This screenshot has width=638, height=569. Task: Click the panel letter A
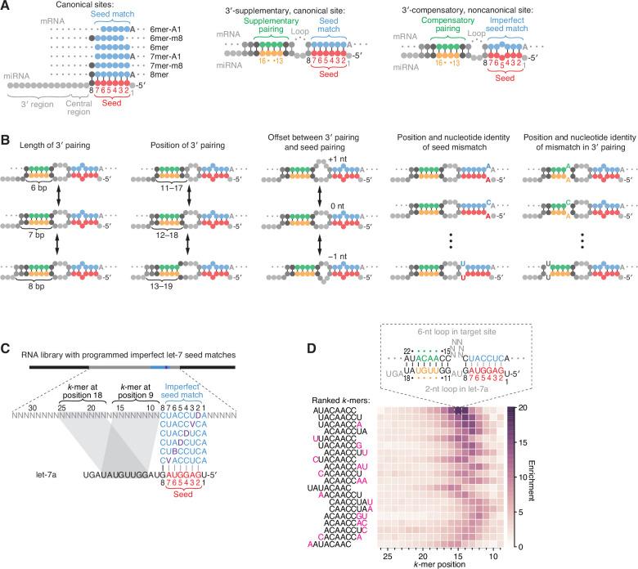click(7, 6)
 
